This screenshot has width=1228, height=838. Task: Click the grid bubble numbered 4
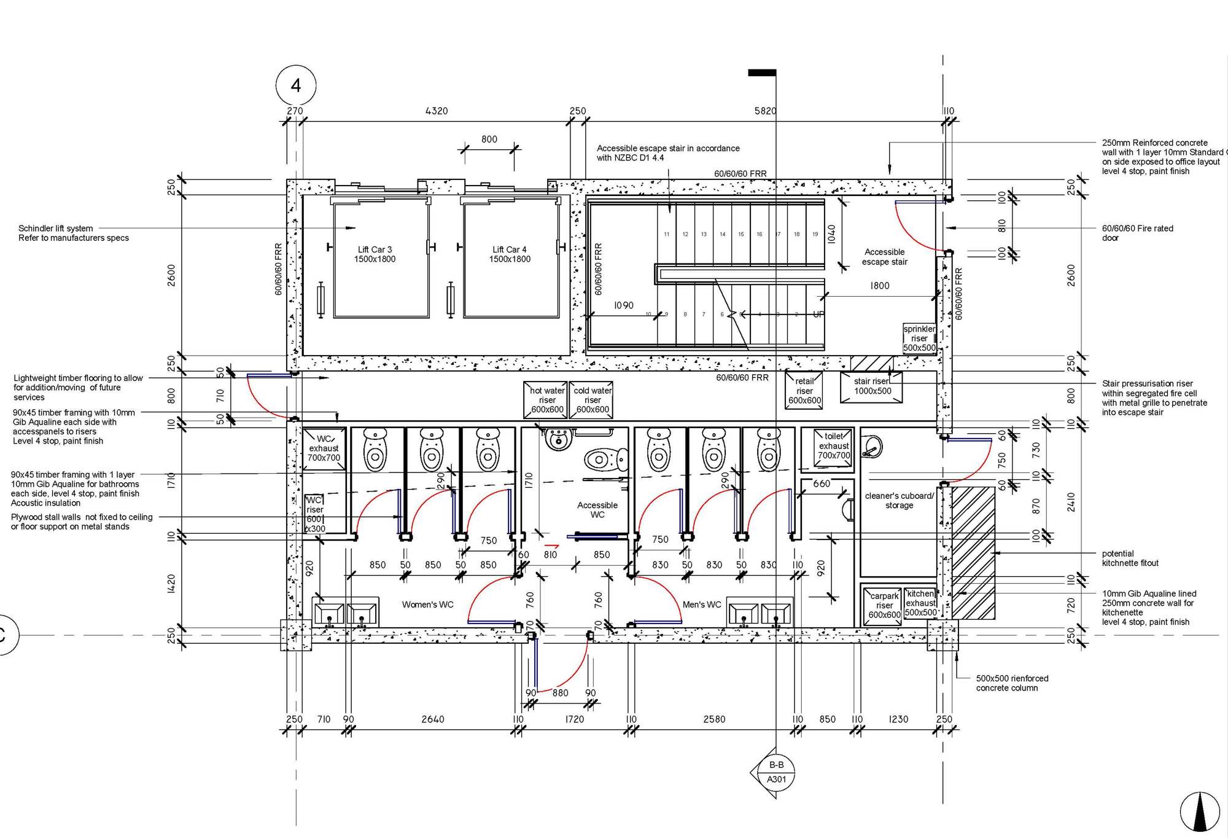[x=296, y=85]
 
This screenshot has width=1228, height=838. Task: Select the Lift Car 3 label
[x=375, y=254]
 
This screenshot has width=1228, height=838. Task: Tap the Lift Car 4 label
[x=510, y=254]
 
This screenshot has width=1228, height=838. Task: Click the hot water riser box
[x=546, y=400]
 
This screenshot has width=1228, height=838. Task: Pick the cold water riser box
[x=593, y=400]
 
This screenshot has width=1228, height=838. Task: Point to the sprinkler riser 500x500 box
[x=919, y=338]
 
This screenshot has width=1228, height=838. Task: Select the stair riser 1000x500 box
[x=872, y=386]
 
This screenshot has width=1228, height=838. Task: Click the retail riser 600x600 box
[x=804, y=391]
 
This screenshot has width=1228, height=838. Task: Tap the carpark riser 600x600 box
[x=884, y=606]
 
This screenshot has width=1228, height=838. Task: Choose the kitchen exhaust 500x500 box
[x=920, y=603]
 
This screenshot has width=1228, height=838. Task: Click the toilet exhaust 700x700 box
[x=833, y=446]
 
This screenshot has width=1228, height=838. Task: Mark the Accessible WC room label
[x=597, y=509]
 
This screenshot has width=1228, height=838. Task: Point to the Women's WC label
[x=427, y=605]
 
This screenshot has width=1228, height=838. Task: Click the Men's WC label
[x=702, y=605]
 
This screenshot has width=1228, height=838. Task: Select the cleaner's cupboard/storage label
[x=899, y=500]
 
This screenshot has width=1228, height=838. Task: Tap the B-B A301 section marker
[x=776, y=772]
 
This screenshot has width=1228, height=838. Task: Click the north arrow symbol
[x=1200, y=811]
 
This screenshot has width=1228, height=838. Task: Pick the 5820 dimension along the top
[x=765, y=111]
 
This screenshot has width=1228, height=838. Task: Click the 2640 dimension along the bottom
[x=432, y=719]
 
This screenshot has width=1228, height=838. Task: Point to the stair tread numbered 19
[x=815, y=234]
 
